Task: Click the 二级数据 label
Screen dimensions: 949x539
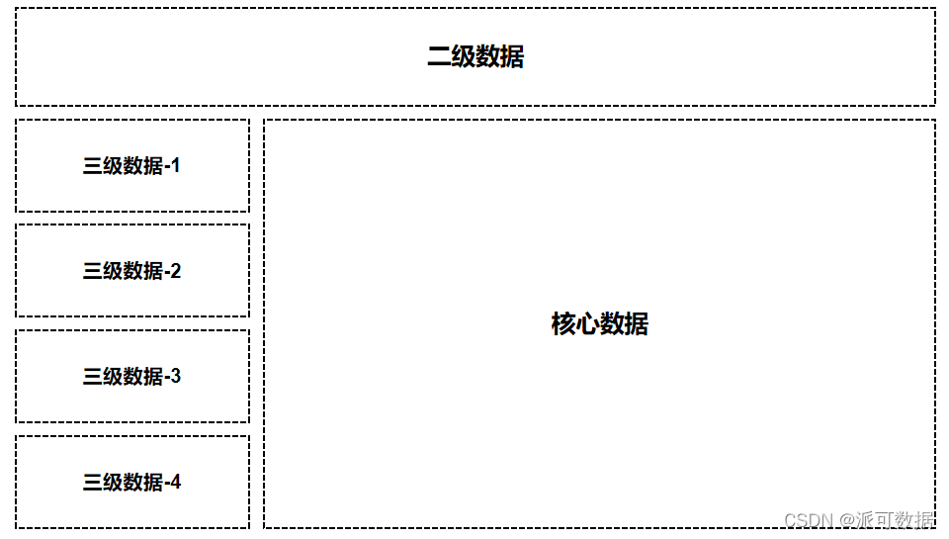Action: pos(475,56)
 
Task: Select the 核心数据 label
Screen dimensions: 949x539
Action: pos(599,324)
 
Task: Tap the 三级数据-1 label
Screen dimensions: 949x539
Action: pos(131,166)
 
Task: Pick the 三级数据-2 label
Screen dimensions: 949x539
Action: pos(131,271)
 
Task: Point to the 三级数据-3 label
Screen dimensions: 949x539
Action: pos(131,377)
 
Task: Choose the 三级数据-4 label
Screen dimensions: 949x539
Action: pos(131,483)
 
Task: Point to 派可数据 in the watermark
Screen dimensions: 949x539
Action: pos(894,520)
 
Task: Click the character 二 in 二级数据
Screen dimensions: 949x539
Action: pos(439,56)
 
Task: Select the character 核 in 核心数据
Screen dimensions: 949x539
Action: pos(563,324)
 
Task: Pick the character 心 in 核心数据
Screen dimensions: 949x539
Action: pos(587,324)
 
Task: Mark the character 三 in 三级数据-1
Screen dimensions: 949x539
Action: pos(93,166)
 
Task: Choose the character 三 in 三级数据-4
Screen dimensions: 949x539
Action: pos(93,483)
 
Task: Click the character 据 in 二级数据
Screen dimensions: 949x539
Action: pos(512,56)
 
